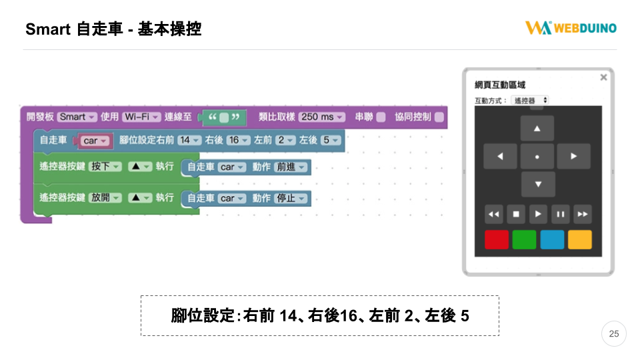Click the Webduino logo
(571, 28)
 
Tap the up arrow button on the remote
(537, 128)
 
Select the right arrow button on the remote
(573, 156)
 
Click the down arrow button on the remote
(538, 184)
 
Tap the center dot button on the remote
(537, 156)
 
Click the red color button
(496, 239)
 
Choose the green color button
(524, 239)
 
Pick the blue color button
(552, 239)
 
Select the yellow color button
(580, 239)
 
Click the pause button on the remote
(561, 214)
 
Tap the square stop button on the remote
(516, 214)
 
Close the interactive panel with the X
(604, 77)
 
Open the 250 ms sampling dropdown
(321, 117)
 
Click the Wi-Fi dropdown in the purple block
(141, 117)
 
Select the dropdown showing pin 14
(189, 141)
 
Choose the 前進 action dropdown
(291, 167)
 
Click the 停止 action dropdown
(291, 199)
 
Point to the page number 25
(614, 334)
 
